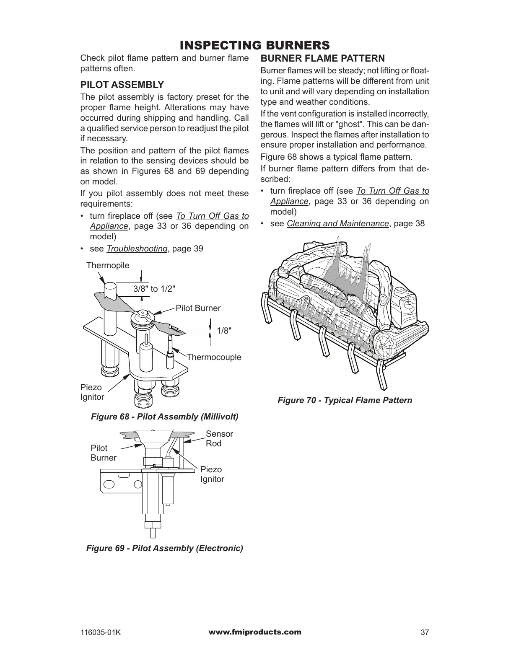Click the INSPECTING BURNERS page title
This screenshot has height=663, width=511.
[x=254, y=45]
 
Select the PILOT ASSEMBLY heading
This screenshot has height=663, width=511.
[x=122, y=85]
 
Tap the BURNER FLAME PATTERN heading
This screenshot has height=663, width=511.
[x=322, y=58]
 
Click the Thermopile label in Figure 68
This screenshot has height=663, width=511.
[x=108, y=265]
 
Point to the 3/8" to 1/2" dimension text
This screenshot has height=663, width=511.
[x=154, y=289]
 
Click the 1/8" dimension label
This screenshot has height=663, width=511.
[x=224, y=331]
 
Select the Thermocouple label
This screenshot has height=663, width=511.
[x=214, y=357]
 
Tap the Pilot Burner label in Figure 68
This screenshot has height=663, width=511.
[x=198, y=308]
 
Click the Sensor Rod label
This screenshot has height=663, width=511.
[x=219, y=438]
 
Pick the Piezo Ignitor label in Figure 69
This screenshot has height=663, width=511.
[x=212, y=474]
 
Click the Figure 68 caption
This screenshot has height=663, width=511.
[x=165, y=417]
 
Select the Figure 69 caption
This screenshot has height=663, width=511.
[x=164, y=548]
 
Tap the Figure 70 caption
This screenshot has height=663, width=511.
[x=345, y=400]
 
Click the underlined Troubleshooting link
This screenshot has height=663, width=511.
[x=137, y=249]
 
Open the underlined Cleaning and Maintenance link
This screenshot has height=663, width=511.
[x=337, y=223]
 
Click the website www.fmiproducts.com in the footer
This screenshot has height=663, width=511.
[x=254, y=632]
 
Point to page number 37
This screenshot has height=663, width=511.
[x=425, y=633]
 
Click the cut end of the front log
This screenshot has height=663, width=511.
[x=385, y=344]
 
